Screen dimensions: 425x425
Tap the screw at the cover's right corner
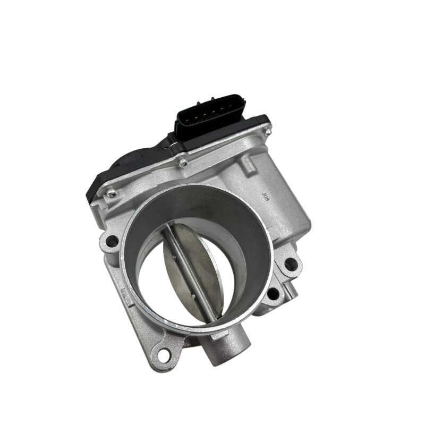click(x=268, y=128)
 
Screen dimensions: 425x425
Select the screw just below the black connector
click(x=183, y=163)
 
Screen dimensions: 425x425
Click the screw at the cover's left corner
click(x=111, y=194)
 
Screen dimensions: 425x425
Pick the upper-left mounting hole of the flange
click(x=112, y=242)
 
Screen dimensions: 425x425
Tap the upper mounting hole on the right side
click(x=290, y=263)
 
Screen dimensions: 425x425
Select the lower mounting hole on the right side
click(x=273, y=293)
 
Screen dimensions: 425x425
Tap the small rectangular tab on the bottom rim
click(x=219, y=336)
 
